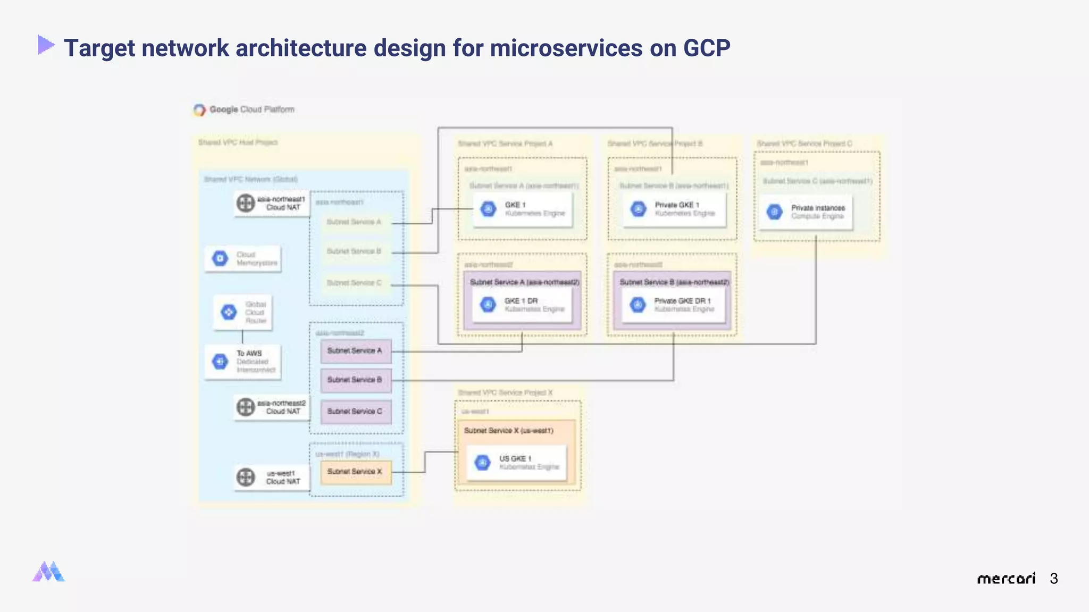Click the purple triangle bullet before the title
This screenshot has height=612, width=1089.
(x=46, y=45)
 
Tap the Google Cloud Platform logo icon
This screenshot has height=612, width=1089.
(x=199, y=110)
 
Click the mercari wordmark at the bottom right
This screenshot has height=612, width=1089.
(x=1006, y=579)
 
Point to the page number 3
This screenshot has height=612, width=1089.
(x=1054, y=579)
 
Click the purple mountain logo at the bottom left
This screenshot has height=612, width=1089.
(x=48, y=572)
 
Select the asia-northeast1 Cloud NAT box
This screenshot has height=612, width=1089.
(x=272, y=203)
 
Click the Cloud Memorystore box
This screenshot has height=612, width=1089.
(x=243, y=259)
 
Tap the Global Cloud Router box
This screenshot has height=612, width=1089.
(x=243, y=312)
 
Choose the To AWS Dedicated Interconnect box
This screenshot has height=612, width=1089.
(x=243, y=362)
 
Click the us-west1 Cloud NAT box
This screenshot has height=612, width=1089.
(x=272, y=477)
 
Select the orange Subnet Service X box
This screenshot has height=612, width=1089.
(x=356, y=472)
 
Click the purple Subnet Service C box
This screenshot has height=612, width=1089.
(x=356, y=412)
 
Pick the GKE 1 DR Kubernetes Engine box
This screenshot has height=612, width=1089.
(x=522, y=305)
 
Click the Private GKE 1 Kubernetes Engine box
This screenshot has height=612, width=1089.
(x=674, y=209)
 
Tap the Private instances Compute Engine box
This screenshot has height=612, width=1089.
(x=805, y=212)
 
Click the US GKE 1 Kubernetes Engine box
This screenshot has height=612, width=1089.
(x=516, y=463)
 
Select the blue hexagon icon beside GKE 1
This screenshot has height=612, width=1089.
(x=488, y=209)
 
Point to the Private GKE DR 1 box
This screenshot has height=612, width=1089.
(x=674, y=305)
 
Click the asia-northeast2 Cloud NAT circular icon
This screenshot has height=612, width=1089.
(x=246, y=407)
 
